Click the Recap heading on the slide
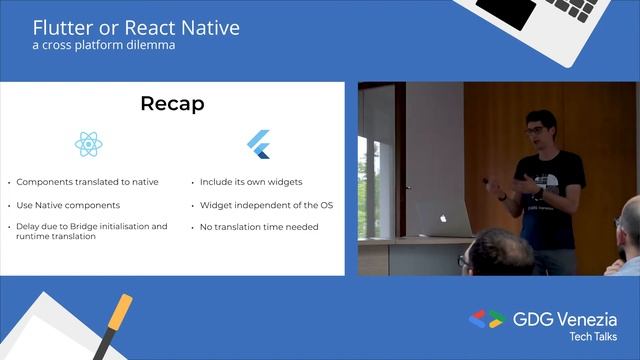tap(173, 104)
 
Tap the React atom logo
tap(88, 145)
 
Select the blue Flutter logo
tap(260, 145)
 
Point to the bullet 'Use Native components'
tap(68, 205)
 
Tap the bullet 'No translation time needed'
tap(259, 227)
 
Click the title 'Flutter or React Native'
tap(136, 27)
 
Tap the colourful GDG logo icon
tap(487, 320)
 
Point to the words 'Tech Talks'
tap(593, 339)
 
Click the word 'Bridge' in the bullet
tap(85, 227)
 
